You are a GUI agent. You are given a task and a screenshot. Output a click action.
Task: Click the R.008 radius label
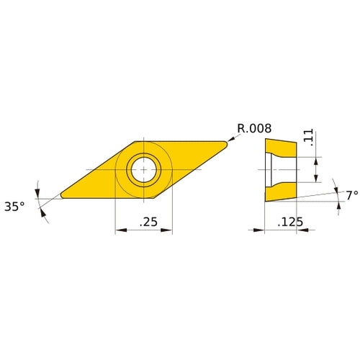point(254,129)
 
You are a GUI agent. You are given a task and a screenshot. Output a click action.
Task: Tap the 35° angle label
point(14,206)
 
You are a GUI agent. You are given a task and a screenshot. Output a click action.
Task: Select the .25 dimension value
point(148,223)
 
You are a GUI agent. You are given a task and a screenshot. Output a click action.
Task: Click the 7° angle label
point(351,196)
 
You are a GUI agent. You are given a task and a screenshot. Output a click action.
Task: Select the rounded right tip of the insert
point(225,143)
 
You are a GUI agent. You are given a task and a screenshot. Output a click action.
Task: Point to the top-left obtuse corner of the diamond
point(136,140)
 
